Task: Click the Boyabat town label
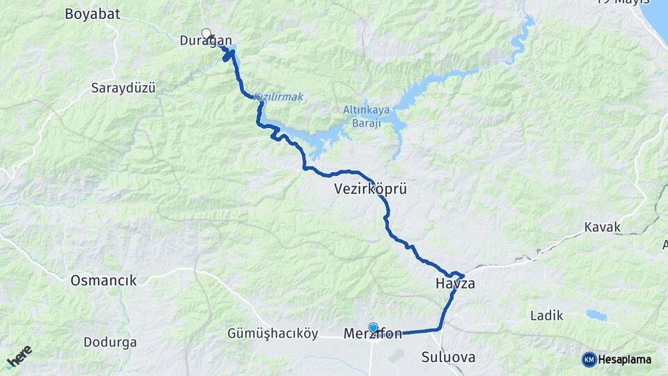click(x=93, y=13)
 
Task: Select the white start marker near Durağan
click(x=206, y=33)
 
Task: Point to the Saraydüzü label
click(x=123, y=88)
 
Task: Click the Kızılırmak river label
click(x=278, y=97)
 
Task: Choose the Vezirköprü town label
click(x=369, y=189)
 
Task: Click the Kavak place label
click(x=602, y=227)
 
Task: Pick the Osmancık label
click(x=104, y=281)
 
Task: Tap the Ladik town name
click(x=546, y=315)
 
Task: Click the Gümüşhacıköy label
click(x=272, y=334)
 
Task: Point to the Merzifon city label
click(x=373, y=335)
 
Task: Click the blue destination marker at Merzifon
click(x=373, y=327)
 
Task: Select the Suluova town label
click(x=448, y=357)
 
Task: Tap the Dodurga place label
click(x=110, y=342)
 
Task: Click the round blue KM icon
click(x=589, y=359)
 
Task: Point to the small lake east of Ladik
click(x=596, y=315)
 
